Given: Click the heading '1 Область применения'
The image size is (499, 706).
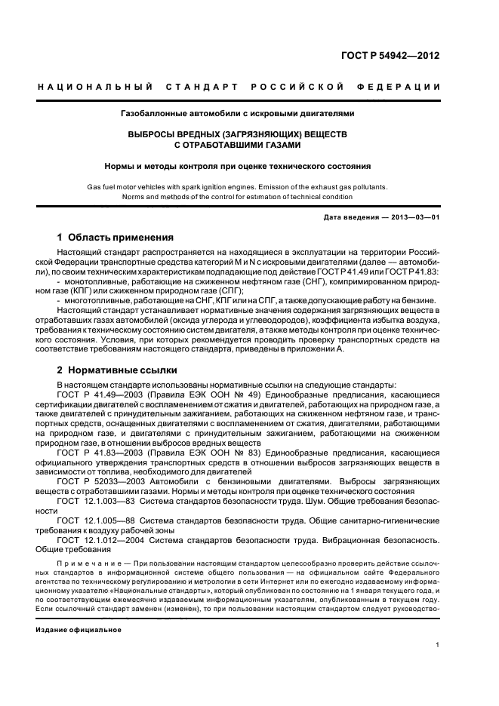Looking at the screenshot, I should coord(116,237).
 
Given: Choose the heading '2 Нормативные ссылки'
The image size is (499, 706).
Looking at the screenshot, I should coord(117,370).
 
